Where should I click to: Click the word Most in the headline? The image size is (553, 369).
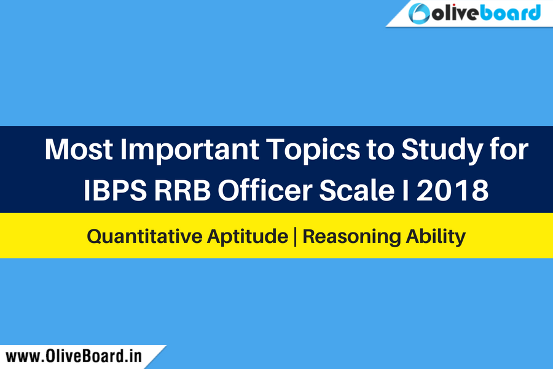pyautogui.click(x=79, y=149)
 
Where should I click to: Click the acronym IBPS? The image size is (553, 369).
pyautogui.click(x=115, y=190)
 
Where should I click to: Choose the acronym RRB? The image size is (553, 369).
pyautogui.click(x=182, y=190)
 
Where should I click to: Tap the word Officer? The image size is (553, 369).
pyautogui.click(x=265, y=189)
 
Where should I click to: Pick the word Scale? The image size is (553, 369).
pyautogui.click(x=357, y=189)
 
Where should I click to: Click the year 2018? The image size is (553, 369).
pyautogui.click(x=452, y=190)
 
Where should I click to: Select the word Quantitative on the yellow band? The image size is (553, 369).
pyautogui.click(x=145, y=236)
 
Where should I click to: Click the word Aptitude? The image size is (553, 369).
pyautogui.click(x=248, y=237)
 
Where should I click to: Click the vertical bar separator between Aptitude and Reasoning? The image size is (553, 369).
pyautogui.click(x=296, y=237)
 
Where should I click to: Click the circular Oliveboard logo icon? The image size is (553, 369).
pyautogui.click(x=419, y=14)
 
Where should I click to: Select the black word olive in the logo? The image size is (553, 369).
pyautogui.click(x=456, y=13)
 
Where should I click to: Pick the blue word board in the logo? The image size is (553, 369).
pyautogui.click(x=511, y=13)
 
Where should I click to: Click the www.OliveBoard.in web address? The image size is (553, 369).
pyautogui.click(x=74, y=356)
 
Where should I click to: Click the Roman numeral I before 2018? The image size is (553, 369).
pyautogui.click(x=406, y=190)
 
